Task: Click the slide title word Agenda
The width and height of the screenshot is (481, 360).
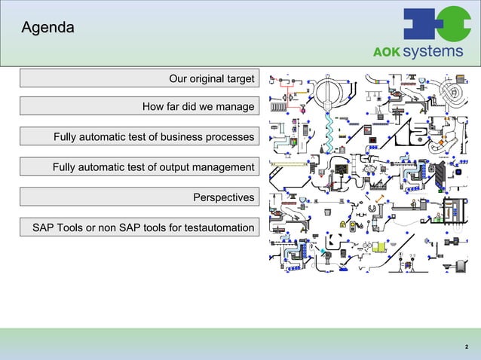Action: pos(47,29)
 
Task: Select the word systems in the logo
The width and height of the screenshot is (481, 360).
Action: pos(433,51)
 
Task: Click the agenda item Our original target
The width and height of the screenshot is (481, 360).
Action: pos(211,78)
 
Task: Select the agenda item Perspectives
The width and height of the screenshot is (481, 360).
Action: pos(223,197)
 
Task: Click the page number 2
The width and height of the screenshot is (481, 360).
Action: pos(465,346)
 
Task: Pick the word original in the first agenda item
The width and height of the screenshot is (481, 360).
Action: pos(208,78)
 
